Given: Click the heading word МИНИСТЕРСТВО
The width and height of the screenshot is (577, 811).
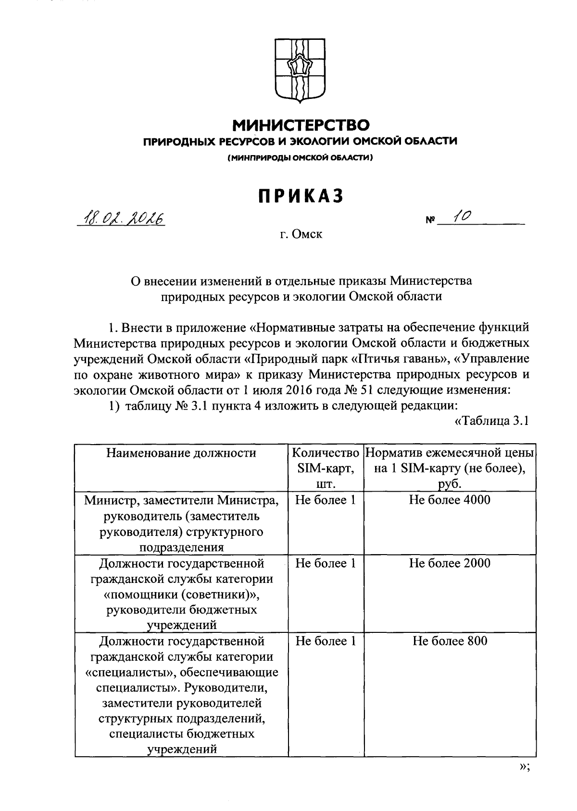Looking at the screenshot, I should [x=301, y=126].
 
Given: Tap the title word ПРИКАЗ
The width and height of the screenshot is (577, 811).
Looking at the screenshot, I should [x=301, y=196].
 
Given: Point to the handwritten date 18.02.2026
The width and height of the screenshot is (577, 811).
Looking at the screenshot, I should [x=123, y=219].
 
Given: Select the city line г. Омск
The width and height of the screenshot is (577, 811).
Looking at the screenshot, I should [x=302, y=235].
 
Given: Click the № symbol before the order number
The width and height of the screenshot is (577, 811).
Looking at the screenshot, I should [x=429, y=221].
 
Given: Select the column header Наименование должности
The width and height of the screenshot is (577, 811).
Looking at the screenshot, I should [x=181, y=453].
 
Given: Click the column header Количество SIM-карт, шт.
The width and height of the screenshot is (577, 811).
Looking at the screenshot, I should [x=326, y=468].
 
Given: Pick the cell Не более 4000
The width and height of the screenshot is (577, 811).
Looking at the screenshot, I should [x=450, y=500].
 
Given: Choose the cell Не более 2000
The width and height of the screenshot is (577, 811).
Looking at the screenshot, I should [x=450, y=563].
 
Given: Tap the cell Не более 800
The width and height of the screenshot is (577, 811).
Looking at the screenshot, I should [x=450, y=641].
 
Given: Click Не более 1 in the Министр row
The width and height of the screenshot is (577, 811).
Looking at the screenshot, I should [x=326, y=500].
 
